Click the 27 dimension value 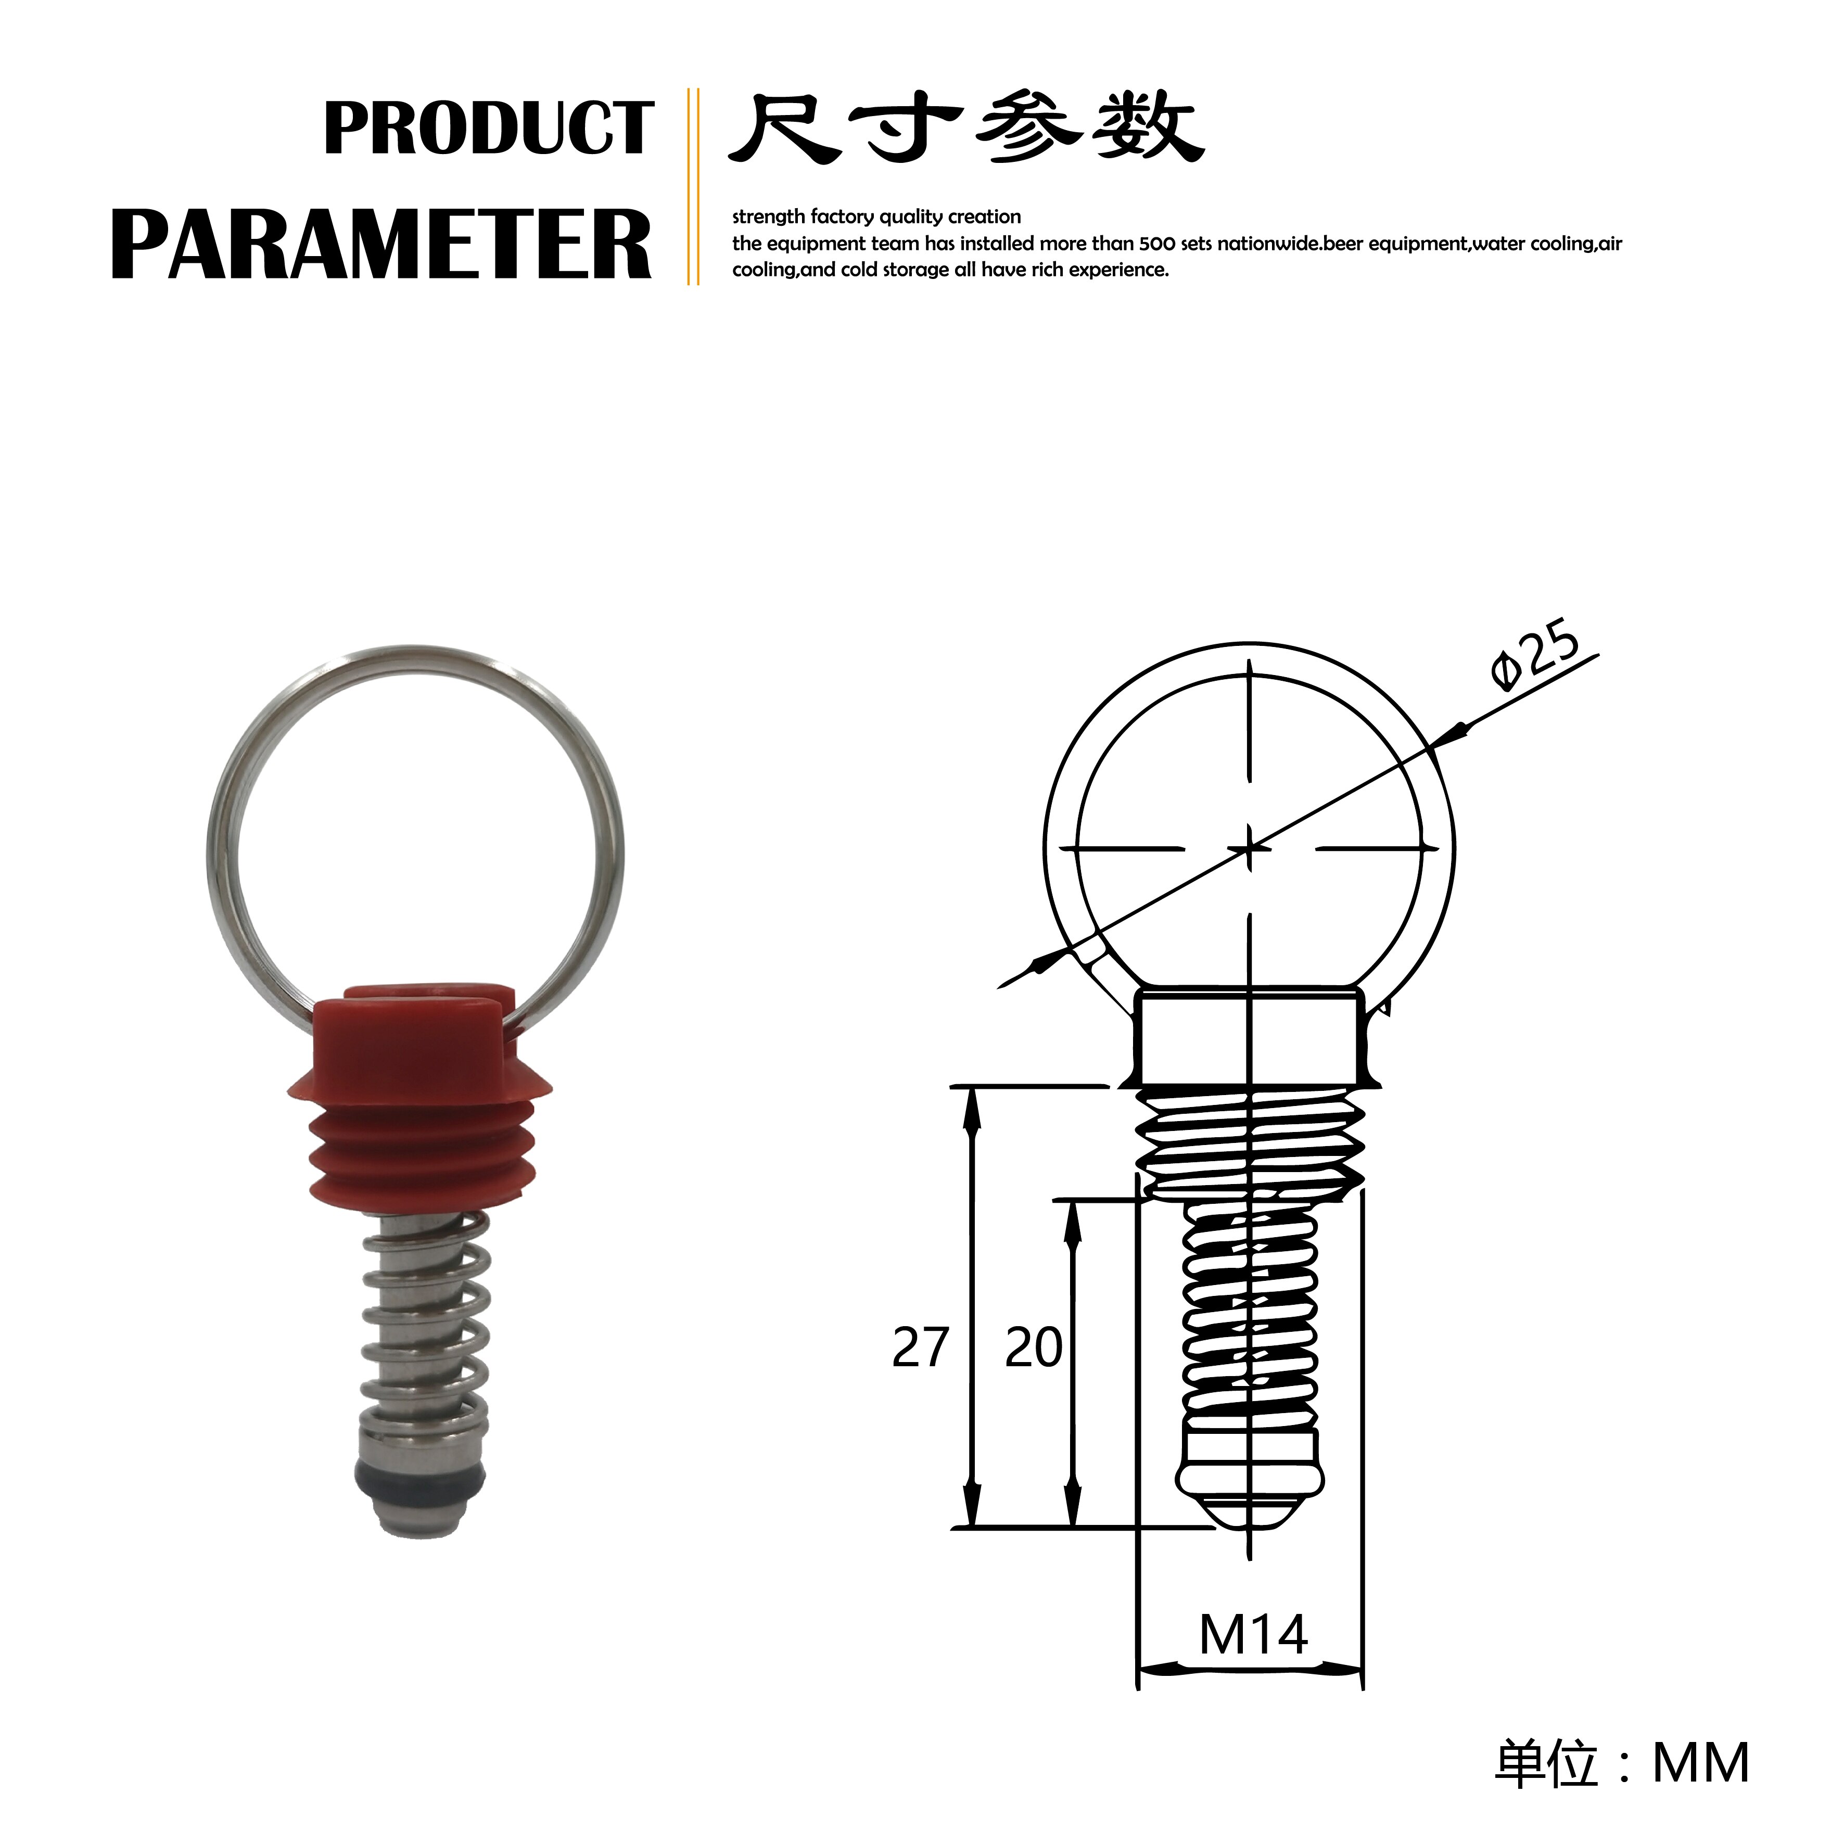[920, 1347]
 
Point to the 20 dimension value [1033, 1347]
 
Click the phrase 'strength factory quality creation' [876, 217]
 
